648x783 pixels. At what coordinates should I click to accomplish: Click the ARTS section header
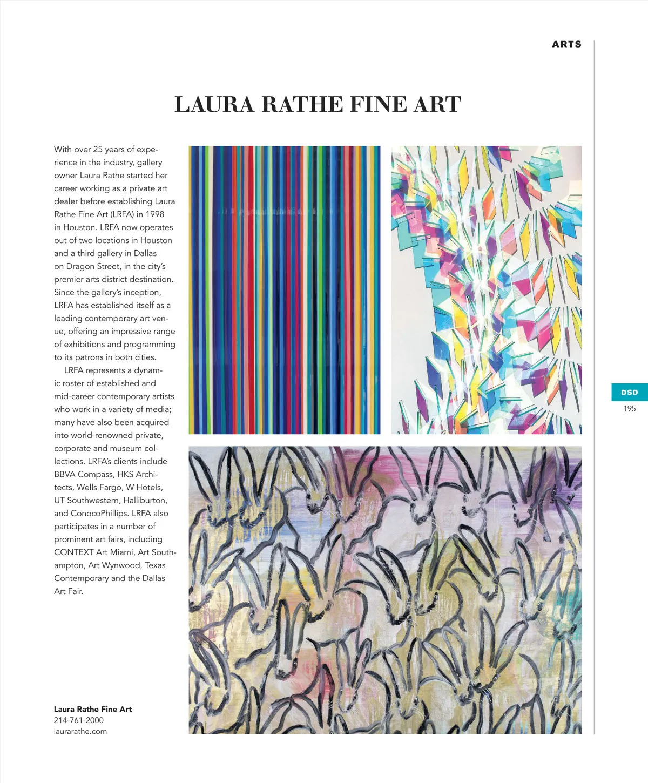coord(566,44)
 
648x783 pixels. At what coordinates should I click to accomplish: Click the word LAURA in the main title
coord(214,105)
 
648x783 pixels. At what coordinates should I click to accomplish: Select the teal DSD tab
coord(629,393)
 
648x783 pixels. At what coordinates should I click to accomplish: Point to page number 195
coord(629,409)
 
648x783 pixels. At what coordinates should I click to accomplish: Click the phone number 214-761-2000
coord(78,720)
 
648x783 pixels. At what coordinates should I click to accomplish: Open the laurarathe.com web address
coord(80,732)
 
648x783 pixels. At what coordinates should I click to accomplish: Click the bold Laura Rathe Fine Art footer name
coord(92,710)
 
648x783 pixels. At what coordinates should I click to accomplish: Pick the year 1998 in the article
coord(154,214)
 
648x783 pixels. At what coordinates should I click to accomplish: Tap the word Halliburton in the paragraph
coord(145,501)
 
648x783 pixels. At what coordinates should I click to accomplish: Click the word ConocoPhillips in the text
coord(99,514)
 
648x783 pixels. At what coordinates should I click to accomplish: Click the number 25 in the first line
coord(98,150)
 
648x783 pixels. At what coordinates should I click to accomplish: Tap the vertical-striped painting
coord(284,290)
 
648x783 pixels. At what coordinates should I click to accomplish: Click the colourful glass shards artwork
coord(486,290)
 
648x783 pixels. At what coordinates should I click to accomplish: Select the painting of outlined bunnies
coord(385,590)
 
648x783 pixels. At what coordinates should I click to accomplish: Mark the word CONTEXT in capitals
coord(74,552)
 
